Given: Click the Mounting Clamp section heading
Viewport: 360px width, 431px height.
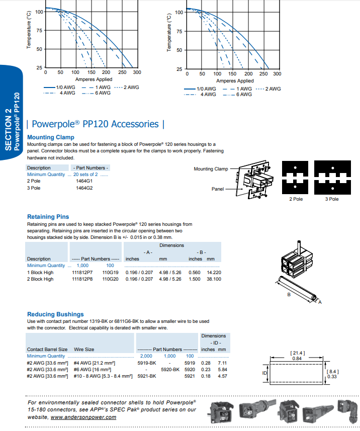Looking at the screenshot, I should coord(50,137).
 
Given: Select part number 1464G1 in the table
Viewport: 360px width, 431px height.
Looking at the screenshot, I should coord(84,181).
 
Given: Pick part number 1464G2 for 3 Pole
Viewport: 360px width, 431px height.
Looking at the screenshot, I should coord(84,188).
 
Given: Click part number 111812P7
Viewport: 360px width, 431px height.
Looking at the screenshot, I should coord(82,272).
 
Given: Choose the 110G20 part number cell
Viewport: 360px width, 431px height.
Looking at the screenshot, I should coord(110,279).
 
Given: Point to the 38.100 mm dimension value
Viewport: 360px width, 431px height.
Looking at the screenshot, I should coord(214,279).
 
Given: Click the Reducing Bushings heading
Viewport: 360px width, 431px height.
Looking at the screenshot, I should coord(55,314).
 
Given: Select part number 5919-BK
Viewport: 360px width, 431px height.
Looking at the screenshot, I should coord(147,363).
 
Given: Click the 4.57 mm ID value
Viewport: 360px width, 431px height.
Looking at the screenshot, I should coord(222,376).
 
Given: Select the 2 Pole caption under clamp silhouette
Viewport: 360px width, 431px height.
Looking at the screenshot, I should coord(296,199).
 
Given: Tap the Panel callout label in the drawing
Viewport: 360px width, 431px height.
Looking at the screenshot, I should coord(217,189).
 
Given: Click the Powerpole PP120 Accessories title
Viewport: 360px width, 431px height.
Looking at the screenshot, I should coord(95,124).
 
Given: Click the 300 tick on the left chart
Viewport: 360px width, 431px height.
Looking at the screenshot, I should coord(137,72).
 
